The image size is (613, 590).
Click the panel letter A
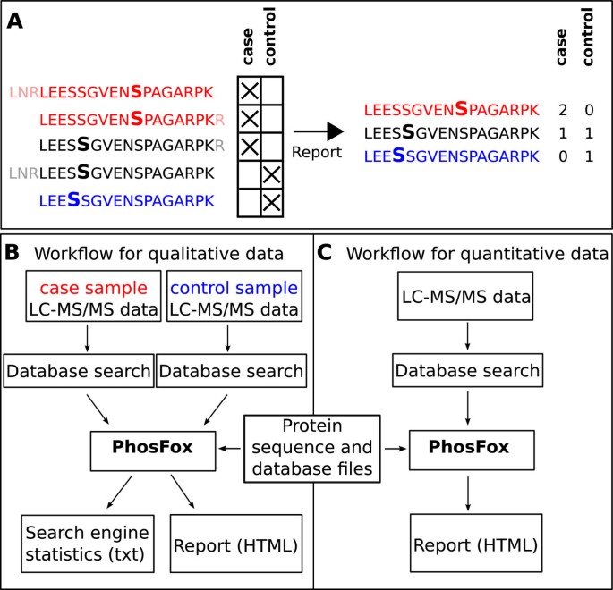click(x=16, y=21)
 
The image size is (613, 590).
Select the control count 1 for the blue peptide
click(x=589, y=155)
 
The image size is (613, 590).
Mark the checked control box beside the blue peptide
click(x=272, y=202)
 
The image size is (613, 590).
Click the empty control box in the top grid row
click(x=272, y=91)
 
